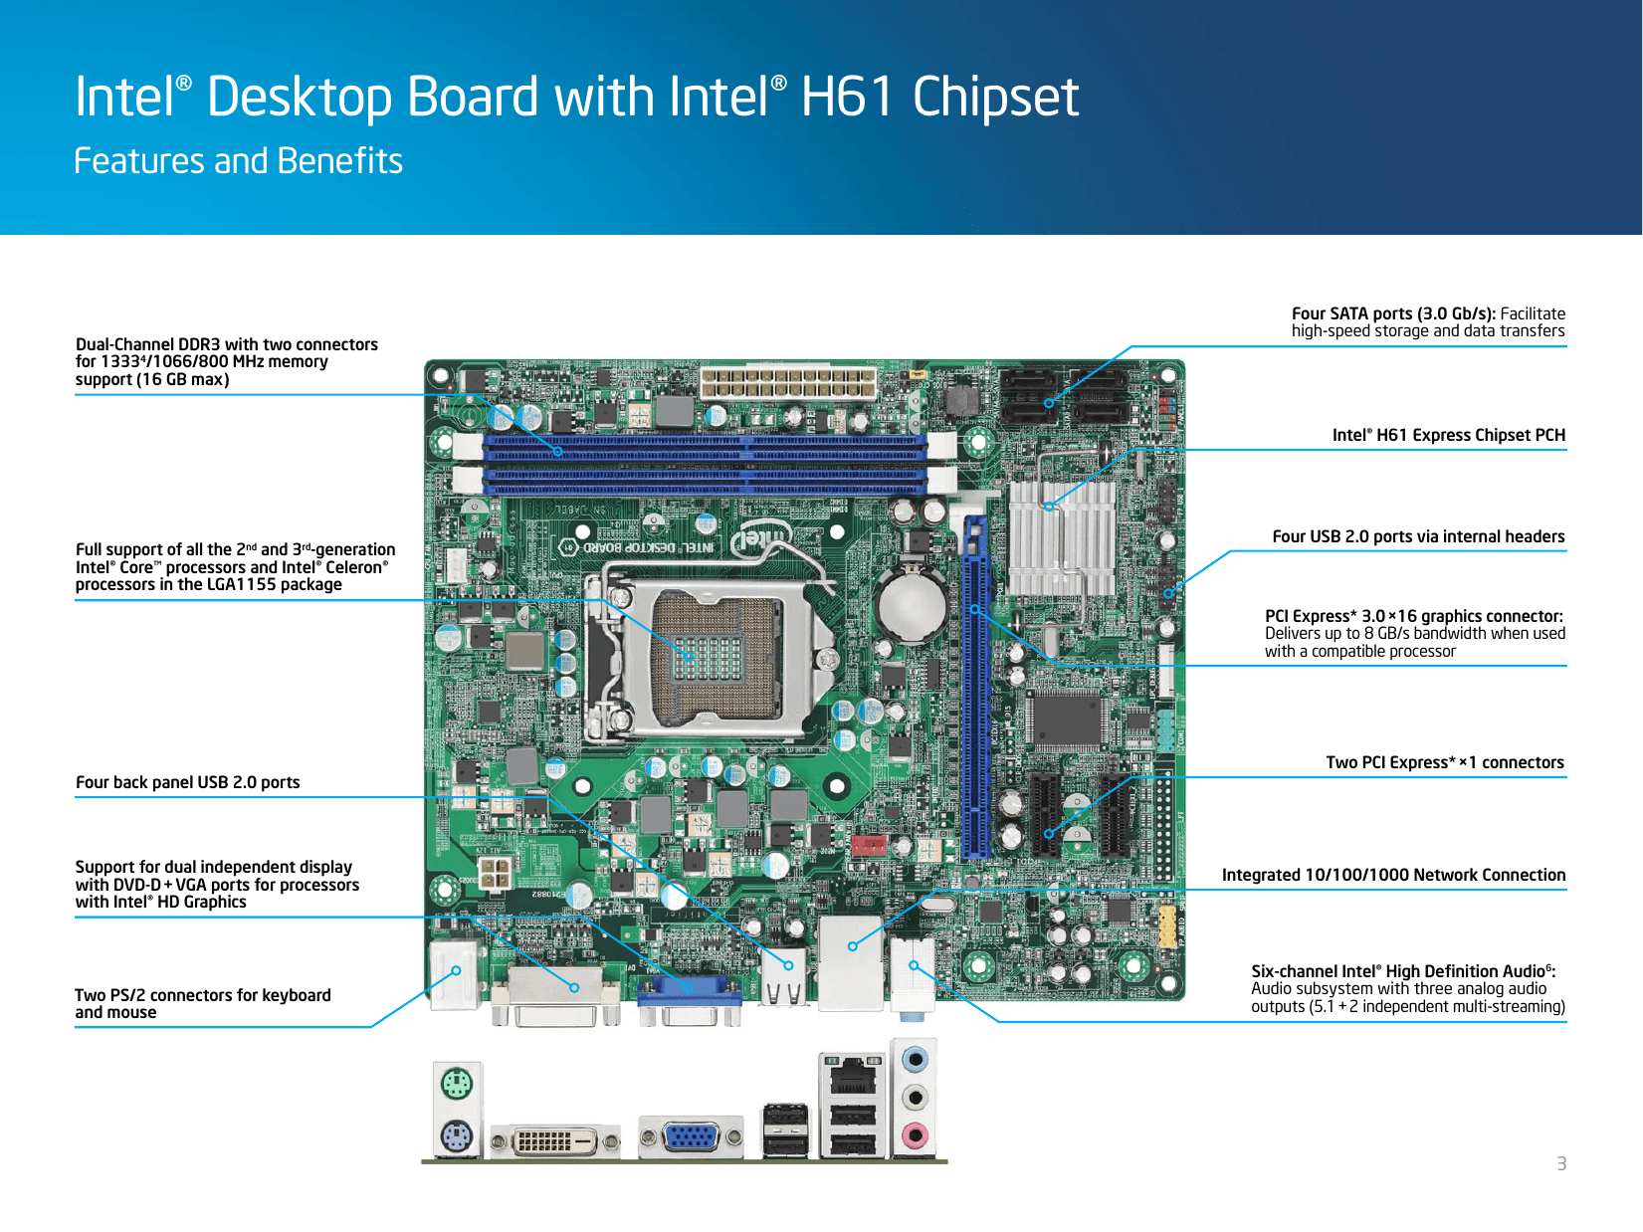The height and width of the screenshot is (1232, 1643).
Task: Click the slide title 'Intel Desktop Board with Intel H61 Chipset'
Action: coord(576,98)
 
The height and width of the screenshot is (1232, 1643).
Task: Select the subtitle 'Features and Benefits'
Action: coord(238,161)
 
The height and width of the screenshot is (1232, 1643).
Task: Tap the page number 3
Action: coord(1561,1163)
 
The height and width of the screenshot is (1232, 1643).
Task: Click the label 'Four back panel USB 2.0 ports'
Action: coord(187,782)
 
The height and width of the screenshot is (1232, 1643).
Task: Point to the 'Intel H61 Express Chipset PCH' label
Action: coord(1448,435)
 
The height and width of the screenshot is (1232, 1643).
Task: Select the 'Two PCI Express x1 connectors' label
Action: coord(1444,762)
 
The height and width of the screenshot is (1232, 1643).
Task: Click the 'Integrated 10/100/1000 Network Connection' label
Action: coord(1393,875)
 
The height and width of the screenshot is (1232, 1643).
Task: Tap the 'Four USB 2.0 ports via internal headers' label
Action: coord(1418,536)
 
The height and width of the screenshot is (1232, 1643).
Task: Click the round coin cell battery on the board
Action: coord(912,604)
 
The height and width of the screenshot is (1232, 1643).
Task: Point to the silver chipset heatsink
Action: coord(1062,537)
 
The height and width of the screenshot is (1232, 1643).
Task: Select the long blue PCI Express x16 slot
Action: coord(975,687)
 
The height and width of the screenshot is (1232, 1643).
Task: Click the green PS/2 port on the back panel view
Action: coord(456,1084)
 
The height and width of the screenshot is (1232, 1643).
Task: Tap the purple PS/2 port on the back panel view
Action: coord(456,1135)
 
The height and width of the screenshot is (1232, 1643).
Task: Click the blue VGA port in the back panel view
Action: coord(691,1135)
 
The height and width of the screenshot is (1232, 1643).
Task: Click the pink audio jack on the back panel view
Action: coord(915,1134)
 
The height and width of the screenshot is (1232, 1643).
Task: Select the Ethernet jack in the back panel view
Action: coord(853,1076)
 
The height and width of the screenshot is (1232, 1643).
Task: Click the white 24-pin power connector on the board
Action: coord(787,382)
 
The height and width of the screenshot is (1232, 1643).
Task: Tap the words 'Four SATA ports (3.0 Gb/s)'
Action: coord(1392,313)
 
